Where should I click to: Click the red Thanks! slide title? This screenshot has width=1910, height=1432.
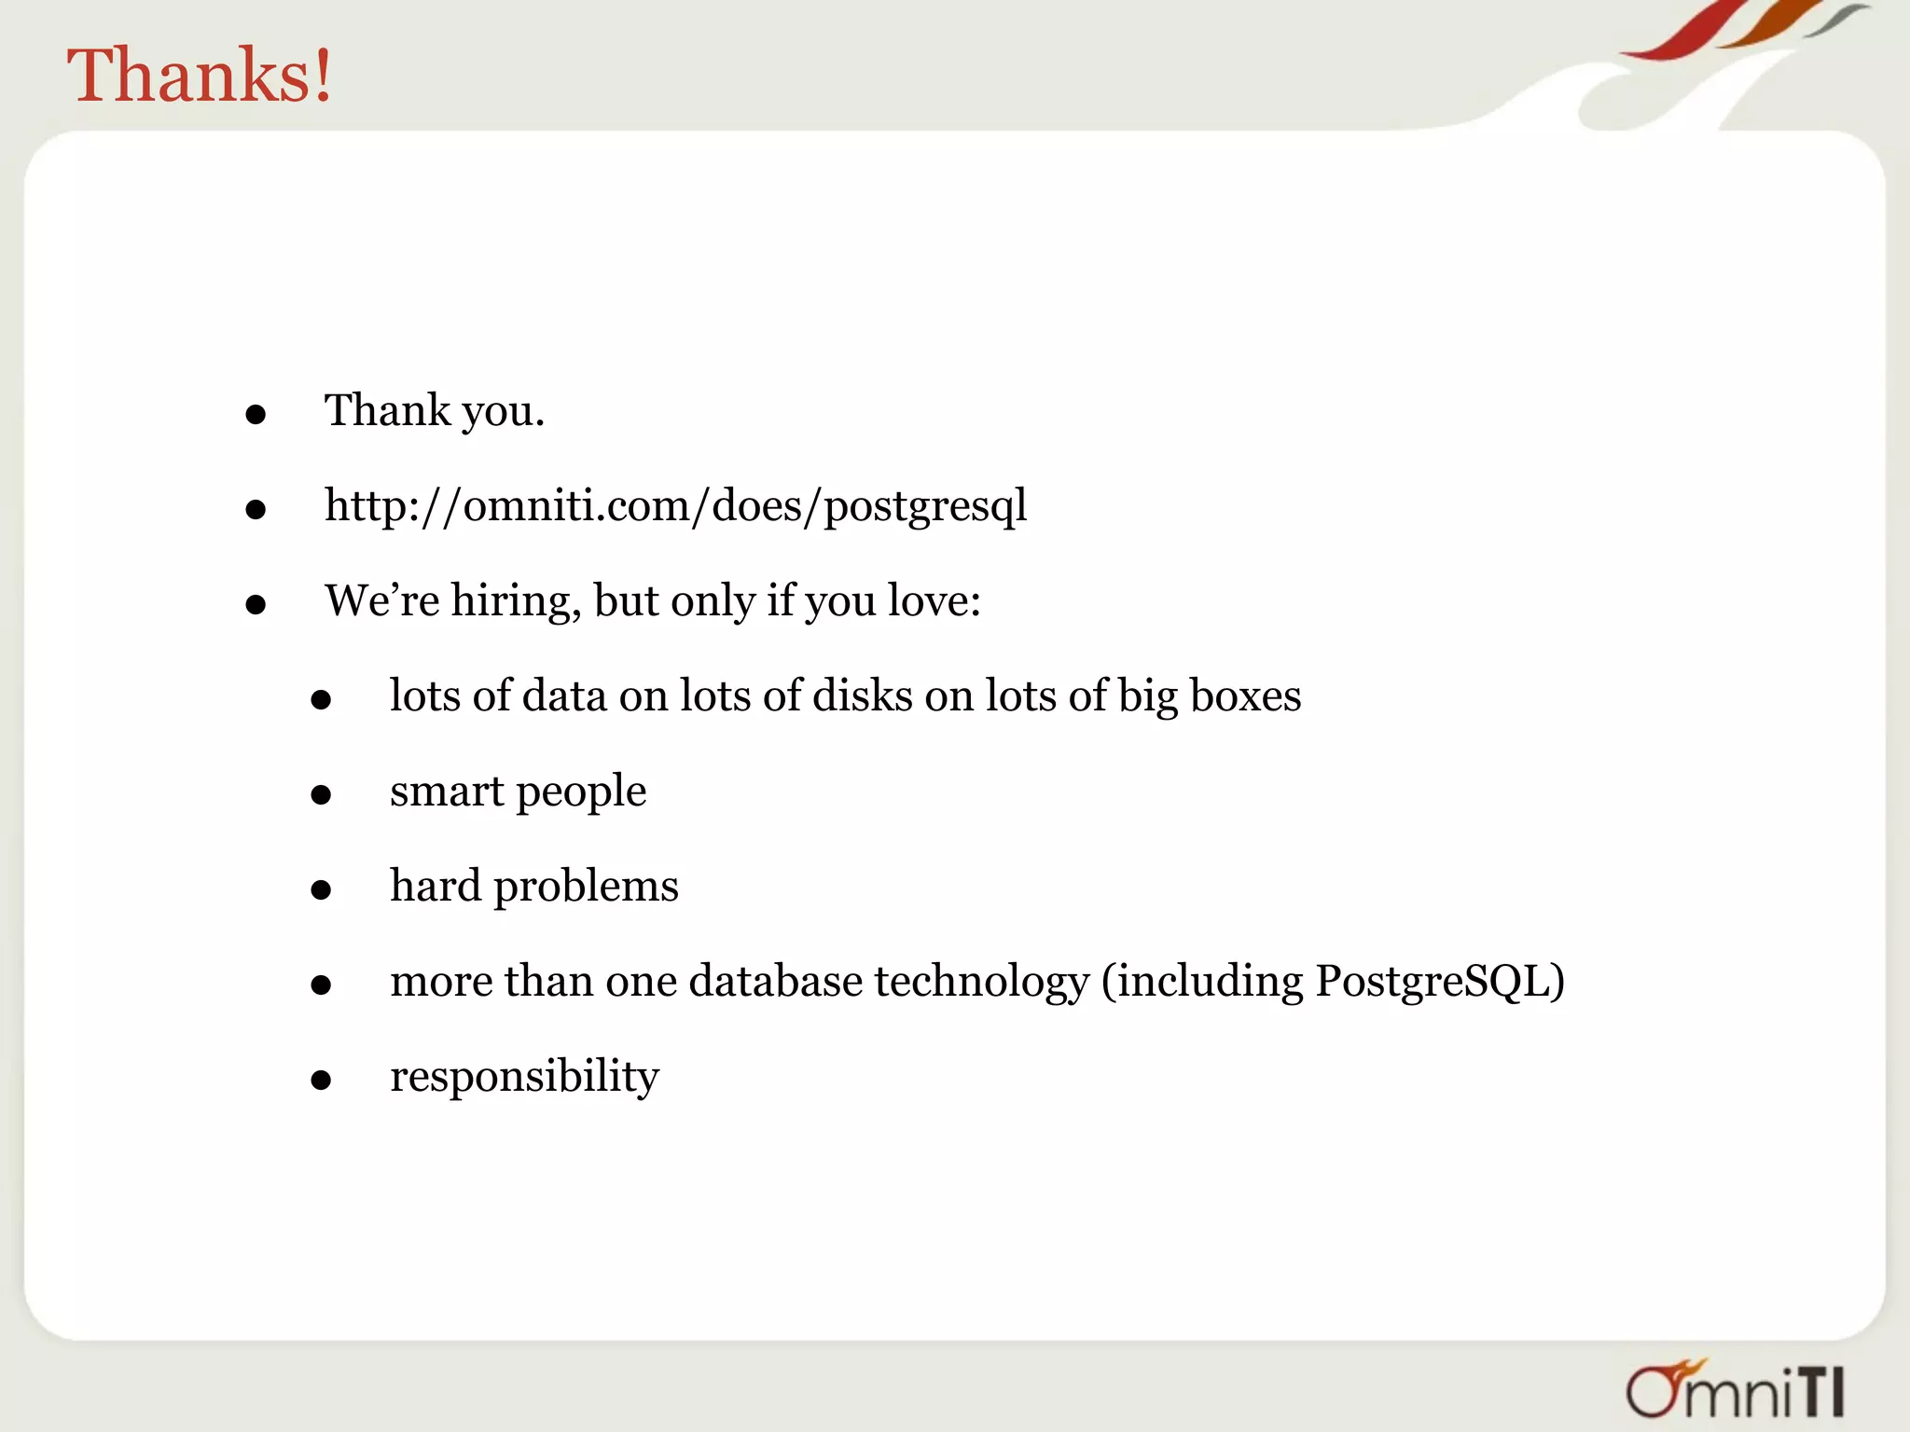tap(200, 75)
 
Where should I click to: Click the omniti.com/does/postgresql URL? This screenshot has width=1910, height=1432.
tap(675, 506)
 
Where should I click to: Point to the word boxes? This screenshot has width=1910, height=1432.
tap(1245, 696)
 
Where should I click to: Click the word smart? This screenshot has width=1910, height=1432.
tap(447, 792)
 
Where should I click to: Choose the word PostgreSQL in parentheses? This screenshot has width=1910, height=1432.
tap(1431, 982)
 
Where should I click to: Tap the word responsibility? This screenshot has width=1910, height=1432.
tap(524, 1077)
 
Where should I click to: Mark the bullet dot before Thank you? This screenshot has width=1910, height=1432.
tap(256, 415)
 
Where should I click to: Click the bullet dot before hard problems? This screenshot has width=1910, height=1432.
tap(321, 890)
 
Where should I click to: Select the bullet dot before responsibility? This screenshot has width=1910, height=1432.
tap(321, 1081)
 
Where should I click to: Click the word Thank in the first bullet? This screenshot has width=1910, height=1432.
tap(387, 411)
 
